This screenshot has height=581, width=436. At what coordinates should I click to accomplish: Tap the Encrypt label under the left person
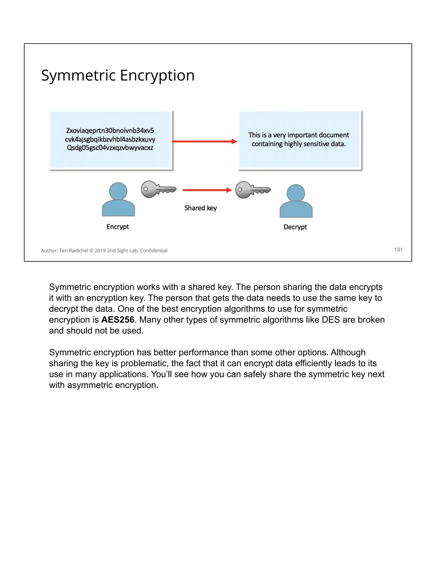point(118,227)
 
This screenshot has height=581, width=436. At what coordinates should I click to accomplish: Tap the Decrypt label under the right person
point(295,227)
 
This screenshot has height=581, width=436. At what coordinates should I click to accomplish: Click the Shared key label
point(201,208)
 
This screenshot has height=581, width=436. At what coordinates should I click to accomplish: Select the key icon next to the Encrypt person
point(158,189)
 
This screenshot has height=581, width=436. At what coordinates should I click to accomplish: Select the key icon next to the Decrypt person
point(252,190)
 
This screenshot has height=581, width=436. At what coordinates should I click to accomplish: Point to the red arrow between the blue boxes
point(204,141)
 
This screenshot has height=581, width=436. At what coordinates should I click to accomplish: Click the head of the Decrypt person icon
point(296,193)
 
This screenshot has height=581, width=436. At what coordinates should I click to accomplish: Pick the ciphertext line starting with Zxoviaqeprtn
point(110,131)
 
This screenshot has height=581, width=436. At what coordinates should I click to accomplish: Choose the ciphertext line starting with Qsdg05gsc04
point(110,148)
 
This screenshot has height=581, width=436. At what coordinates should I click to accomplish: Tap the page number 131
point(398,250)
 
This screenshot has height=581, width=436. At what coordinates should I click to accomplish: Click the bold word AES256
point(118,320)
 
